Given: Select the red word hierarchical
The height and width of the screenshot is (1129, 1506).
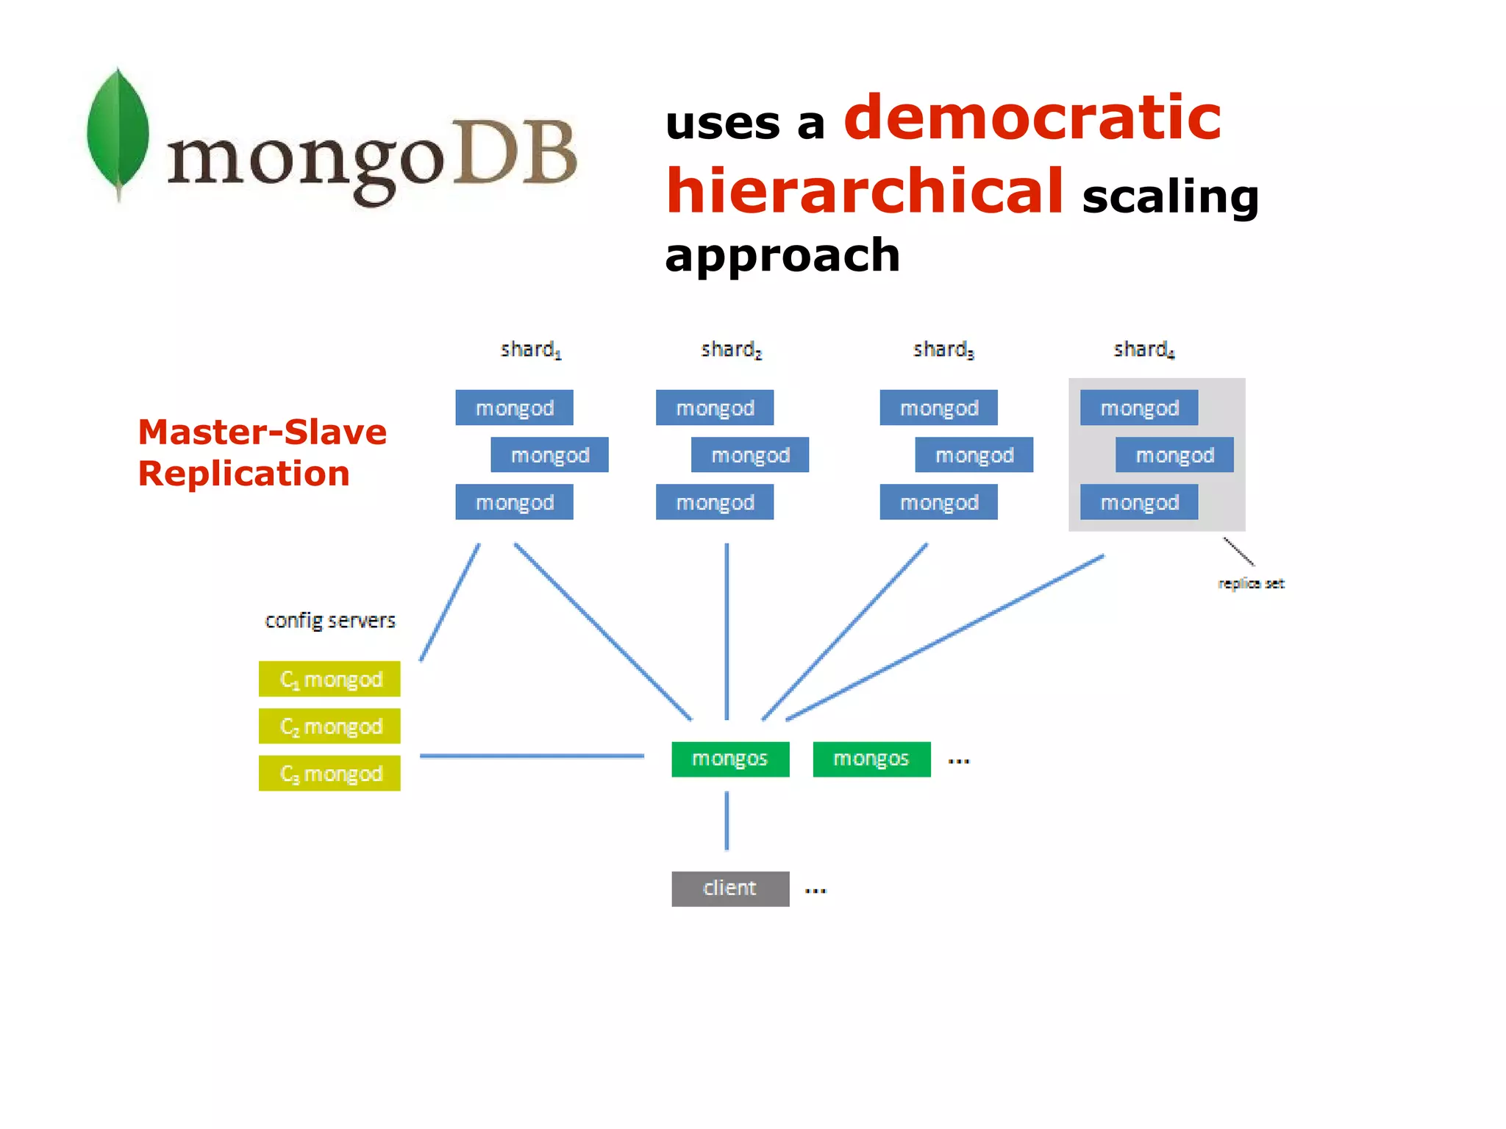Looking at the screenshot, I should pos(865,191).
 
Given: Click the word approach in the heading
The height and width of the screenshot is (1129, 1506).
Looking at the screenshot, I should pos(782,255).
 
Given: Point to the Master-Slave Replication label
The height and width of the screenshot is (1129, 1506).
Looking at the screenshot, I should pos(262,452).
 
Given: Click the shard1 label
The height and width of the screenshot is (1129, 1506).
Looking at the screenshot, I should pos(530,349).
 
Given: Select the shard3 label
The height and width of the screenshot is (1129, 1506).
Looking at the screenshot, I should pos(943,349).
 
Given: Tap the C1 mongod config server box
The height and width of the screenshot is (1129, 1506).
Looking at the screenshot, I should pos(329,679).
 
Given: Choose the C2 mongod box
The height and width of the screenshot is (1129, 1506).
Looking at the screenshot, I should pos(329,726).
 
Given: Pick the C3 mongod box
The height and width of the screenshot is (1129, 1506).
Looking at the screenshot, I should pos(329,773).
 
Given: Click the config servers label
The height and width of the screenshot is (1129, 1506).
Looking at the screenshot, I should pos(329,621).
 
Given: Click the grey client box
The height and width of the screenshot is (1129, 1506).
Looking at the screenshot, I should pos(730,888).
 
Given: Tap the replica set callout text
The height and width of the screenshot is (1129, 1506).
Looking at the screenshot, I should pos(1251,583).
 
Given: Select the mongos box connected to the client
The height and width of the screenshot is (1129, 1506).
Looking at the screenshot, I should pos(730,759).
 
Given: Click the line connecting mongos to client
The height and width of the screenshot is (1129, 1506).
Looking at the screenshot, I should pos(727,821).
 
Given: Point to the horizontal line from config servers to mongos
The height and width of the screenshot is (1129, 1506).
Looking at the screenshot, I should pos(532,755).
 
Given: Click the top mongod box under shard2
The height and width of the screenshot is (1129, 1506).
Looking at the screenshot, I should pos(715,407).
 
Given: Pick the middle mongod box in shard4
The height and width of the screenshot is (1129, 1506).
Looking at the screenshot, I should pos(1174,455).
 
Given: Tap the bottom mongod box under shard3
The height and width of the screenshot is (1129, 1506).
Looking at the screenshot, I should pos(939,502).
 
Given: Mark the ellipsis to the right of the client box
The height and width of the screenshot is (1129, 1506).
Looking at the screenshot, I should pos(815,891).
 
